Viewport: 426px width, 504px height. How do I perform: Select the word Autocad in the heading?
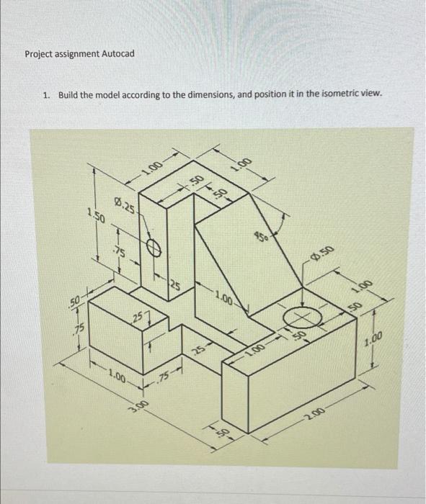117,54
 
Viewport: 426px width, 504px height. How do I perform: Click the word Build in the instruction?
69,94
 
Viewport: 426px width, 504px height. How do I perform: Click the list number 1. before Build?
46,94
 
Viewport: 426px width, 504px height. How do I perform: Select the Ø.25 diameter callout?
123,206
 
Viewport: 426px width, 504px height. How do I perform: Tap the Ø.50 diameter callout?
322,251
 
